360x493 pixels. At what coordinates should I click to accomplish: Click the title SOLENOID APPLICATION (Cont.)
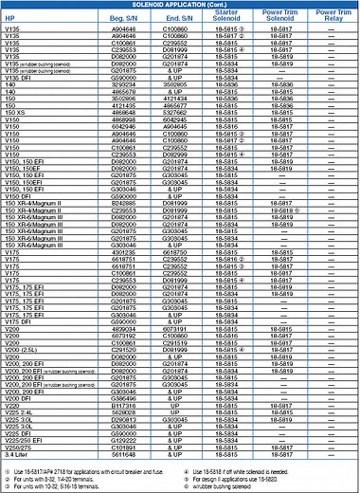click(180, 5)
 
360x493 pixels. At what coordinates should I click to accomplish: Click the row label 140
click(10, 85)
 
